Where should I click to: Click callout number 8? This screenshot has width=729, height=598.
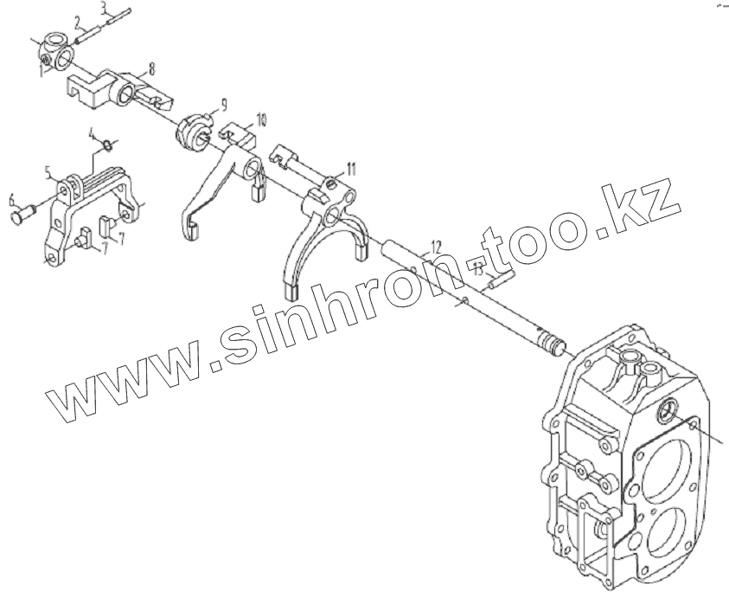pos(152,66)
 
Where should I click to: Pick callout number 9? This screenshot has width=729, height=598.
pos(224,104)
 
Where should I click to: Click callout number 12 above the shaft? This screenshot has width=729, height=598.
pos(436,246)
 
